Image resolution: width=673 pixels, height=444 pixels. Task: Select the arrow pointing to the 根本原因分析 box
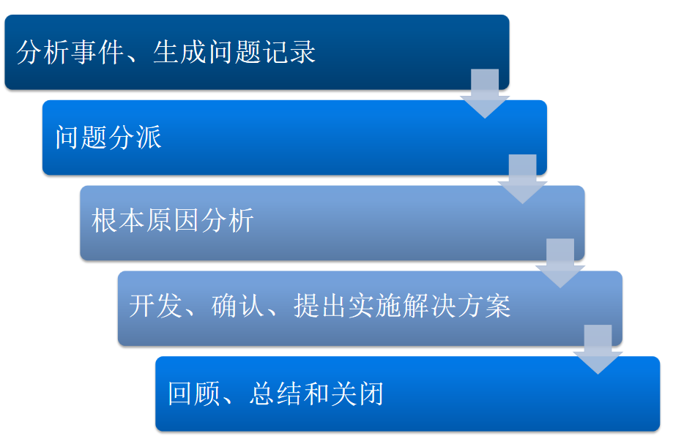point(522,178)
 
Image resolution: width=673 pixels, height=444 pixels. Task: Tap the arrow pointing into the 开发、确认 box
point(560,263)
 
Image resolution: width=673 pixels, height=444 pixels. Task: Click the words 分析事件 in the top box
point(70,52)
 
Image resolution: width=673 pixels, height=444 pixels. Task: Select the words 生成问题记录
point(234,52)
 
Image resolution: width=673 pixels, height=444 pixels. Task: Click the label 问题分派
point(108,137)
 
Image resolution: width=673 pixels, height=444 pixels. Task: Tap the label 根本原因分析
point(173,220)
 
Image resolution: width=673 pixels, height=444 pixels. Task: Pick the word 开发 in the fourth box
point(155,306)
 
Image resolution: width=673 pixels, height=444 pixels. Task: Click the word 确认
point(238,306)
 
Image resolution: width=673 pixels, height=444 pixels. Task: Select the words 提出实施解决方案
point(402,306)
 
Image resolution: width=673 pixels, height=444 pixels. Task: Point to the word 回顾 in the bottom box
point(194,393)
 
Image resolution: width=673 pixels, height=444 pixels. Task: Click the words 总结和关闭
point(317,393)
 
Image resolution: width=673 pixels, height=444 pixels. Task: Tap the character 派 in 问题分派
point(149,137)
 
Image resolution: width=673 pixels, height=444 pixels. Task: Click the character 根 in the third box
point(105,220)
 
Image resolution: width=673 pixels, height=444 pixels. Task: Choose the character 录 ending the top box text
point(303,52)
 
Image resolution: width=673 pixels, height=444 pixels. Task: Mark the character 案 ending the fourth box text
point(498,306)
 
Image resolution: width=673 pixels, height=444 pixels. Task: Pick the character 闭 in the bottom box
point(371,393)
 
